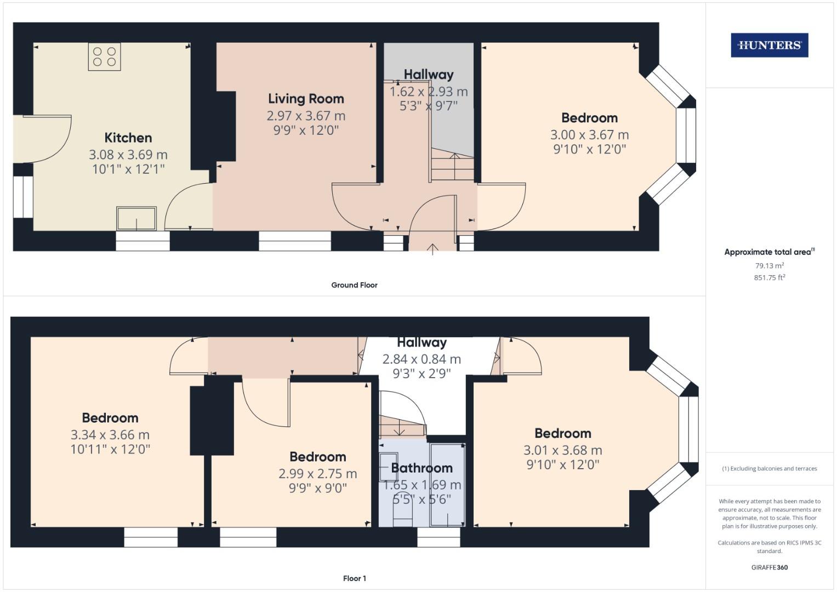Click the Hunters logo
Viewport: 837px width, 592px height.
769,45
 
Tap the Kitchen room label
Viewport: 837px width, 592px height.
128,138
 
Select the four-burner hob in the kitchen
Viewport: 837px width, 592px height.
104,56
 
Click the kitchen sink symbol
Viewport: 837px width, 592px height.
136,218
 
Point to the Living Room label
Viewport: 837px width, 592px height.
306,99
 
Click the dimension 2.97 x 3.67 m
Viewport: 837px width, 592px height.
306,116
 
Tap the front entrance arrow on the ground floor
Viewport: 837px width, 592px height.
432,249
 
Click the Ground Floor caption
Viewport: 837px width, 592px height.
354,285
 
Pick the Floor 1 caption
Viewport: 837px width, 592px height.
354,578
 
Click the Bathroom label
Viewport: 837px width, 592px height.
422,468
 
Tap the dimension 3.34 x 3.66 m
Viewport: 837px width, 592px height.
110,435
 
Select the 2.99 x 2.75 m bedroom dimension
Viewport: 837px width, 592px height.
317,474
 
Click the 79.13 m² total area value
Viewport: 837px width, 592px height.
769,266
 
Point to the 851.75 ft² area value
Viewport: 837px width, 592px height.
769,278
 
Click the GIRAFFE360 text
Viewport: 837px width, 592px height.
769,567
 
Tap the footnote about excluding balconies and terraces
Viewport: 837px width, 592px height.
769,469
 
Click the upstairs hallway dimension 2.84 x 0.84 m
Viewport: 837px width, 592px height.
422,360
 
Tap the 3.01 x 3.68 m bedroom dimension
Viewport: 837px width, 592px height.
562,451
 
